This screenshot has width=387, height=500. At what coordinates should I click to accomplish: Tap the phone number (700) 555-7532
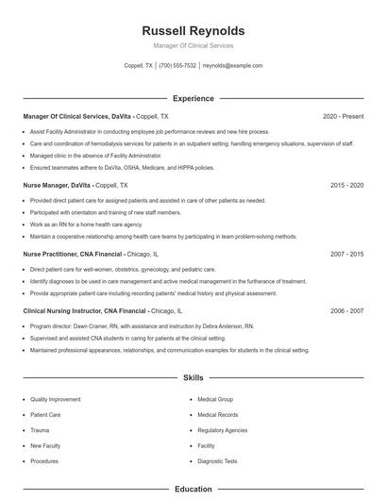(x=177, y=66)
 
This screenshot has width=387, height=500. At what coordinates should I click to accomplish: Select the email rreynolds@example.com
(x=232, y=66)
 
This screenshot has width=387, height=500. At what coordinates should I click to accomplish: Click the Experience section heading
(x=193, y=98)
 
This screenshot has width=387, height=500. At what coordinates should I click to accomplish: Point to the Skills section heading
(x=193, y=378)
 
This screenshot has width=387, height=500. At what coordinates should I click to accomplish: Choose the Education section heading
(x=193, y=490)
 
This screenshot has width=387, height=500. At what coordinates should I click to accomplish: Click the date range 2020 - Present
(x=343, y=116)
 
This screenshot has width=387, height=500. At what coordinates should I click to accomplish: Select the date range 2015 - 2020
(x=346, y=185)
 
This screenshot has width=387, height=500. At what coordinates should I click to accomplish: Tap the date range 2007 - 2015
(x=346, y=254)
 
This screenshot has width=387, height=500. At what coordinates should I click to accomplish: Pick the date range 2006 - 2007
(x=346, y=310)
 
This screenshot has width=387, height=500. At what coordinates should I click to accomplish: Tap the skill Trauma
(x=40, y=430)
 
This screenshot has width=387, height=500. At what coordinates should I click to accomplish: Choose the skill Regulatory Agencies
(x=222, y=430)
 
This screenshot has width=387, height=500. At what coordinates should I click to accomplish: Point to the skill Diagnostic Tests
(x=217, y=461)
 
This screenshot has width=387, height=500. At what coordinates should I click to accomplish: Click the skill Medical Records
(x=217, y=415)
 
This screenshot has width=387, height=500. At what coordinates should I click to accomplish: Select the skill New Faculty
(x=44, y=445)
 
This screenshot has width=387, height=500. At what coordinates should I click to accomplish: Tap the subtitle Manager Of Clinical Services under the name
(x=193, y=45)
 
